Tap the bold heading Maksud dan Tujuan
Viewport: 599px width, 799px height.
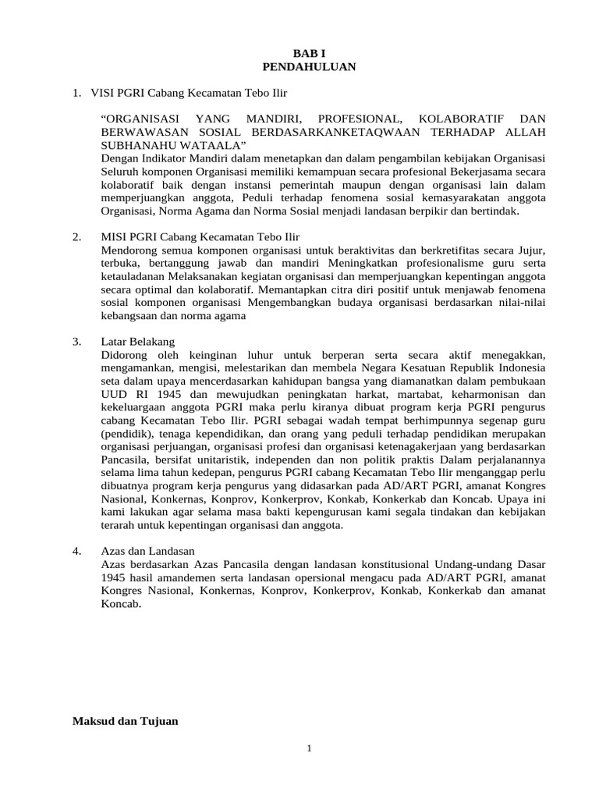[126, 721]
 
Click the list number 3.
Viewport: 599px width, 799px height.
[76, 342]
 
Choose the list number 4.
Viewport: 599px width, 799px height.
[76, 551]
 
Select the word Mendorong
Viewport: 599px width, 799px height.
[128, 250]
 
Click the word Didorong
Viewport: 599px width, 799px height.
[125, 355]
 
